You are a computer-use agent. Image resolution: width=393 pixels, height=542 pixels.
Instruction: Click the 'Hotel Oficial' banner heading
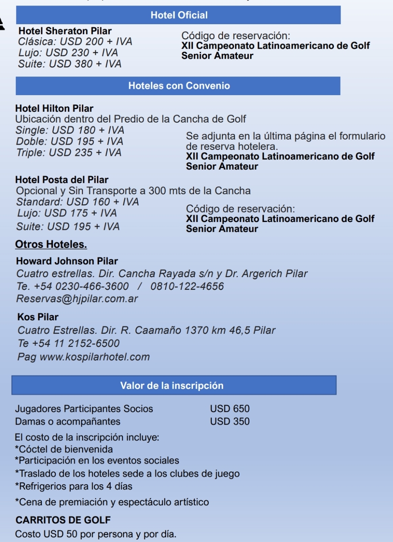[179, 15]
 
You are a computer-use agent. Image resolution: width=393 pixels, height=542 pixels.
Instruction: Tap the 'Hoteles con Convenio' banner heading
[179, 86]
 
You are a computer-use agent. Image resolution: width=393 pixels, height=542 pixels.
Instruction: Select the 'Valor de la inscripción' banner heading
[172, 385]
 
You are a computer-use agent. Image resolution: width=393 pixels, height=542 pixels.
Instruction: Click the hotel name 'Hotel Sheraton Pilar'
[65, 31]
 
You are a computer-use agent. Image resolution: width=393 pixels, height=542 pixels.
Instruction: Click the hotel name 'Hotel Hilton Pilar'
[54, 108]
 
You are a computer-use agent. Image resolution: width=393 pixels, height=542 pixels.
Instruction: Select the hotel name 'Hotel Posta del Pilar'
[62, 180]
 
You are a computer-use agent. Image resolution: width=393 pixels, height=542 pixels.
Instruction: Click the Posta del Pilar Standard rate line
[78, 202]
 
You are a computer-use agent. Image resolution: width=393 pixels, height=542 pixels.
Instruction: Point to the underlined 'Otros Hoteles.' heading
[51, 244]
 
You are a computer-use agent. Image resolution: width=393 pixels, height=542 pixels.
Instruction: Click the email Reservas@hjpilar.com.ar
[77, 299]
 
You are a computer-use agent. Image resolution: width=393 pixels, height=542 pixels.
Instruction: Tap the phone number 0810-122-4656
[187, 286]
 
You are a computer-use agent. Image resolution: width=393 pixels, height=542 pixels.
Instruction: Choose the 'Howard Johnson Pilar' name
[67, 261]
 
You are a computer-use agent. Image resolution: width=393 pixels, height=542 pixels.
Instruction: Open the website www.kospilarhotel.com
[95, 357]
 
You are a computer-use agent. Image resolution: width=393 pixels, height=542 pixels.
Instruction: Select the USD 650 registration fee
[230, 408]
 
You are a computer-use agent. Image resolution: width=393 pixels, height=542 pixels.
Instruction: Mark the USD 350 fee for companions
[230, 421]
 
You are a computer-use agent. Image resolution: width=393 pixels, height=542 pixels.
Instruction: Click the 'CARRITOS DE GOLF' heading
[63, 520]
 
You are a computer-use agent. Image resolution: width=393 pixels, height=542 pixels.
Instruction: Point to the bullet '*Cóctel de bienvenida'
[64, 449]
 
